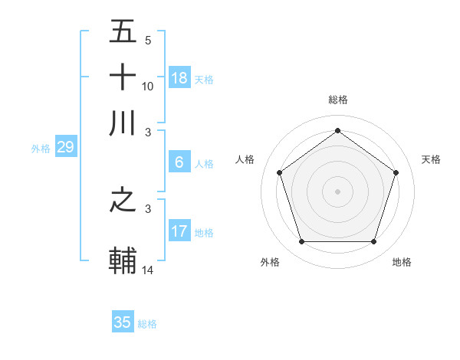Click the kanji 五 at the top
pyautogui.click(x=123, y=32)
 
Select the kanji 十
pyautogui.click(x=123, y=77)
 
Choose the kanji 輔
pyautogui.click(x=123, y=260)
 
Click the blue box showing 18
pyautogui.click(x=179, y=78)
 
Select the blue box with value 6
pyautogui.click(x=179, y=162)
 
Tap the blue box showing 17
pyautogui.click(x=179, y=231)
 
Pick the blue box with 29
pyautogui.click(x=65, y=148)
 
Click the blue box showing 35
pyautogui.click(x=123, y=322)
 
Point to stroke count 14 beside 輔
pyautogui.click(x=148, y=270)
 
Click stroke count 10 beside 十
pyautogui.click(x=148, y=87)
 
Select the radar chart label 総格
pyautogui.click(x=337, y=100)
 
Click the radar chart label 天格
pyautogui.click(x=431, y=159)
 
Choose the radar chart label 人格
pyautogui.click(x=245, y=159)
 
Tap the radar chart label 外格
pyautogui.click(x=270, y=262)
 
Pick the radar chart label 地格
pyautogui.click(x=402, y=262)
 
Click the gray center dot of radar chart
pyautogui.click(x=337, y=191)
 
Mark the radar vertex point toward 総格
pyautogui.click(x=337, y=131)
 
